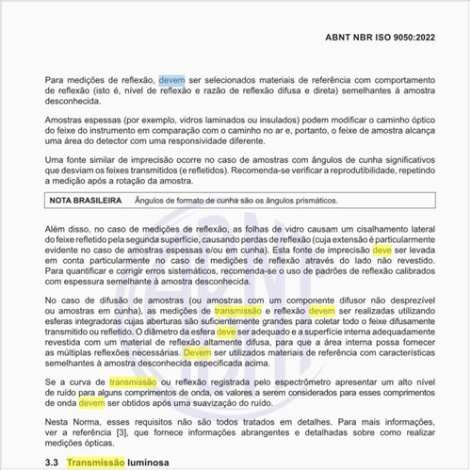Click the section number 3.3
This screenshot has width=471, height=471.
tap(53, 463)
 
